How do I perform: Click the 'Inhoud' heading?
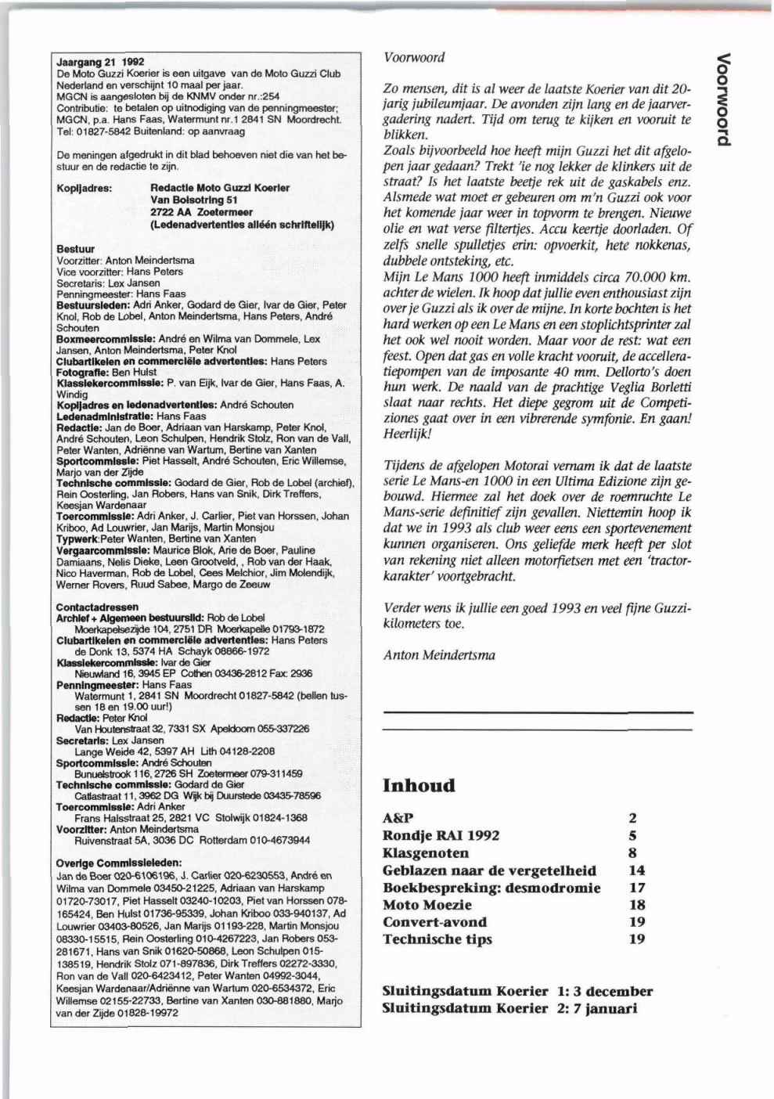(418, 785)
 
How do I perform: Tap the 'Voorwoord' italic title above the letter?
(414, 57)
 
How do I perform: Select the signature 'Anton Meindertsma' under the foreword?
(439, 655)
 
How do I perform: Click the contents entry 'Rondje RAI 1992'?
(441, 835)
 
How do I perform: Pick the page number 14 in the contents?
(637, 870)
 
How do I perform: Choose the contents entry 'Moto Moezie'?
(427, 904)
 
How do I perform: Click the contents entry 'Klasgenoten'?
(426, 852)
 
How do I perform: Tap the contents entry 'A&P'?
(398, 818)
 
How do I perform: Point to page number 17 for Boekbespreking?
(637, 887)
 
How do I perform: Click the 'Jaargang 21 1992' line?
(101, 62)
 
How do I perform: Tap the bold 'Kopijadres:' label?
(85, 188)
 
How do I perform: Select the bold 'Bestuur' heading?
(76, 249)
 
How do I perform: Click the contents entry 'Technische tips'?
(437, 939)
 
